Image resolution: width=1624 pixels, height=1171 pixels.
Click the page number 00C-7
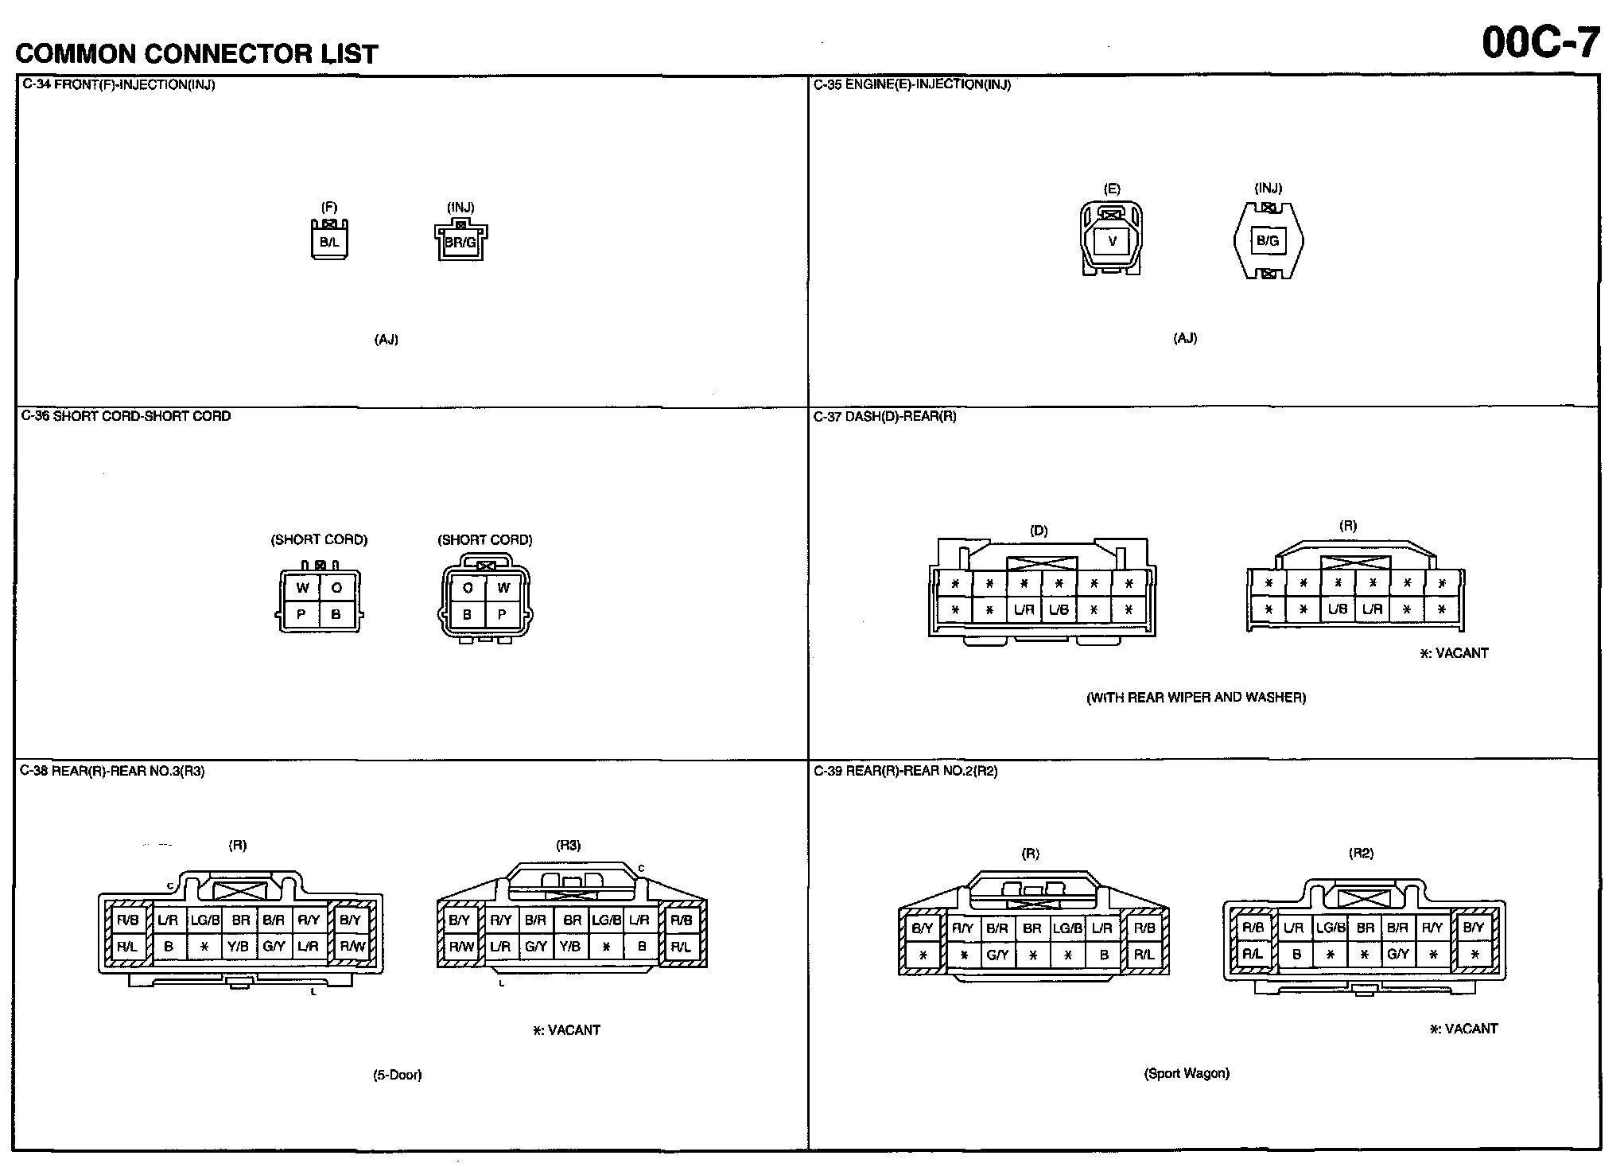click(1540, 42)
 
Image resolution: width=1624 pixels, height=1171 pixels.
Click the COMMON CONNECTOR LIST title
click(196, 53)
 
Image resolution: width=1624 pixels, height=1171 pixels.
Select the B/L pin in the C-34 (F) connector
click(329, 242)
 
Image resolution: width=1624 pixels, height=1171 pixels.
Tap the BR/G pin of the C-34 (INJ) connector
click(460, 242)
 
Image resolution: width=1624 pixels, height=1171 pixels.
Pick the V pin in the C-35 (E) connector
click(1112, 241)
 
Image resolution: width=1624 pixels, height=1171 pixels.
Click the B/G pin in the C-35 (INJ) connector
click(1268, 240)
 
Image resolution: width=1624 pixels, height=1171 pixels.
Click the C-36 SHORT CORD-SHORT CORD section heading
click(126, 416)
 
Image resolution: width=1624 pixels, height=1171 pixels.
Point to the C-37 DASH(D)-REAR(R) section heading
click(884, 416)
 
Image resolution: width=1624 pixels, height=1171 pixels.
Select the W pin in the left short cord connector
click(302, 589)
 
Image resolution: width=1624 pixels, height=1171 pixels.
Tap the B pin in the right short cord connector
click(468, 614)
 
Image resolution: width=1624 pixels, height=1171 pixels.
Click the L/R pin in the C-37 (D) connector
click(1024, 610)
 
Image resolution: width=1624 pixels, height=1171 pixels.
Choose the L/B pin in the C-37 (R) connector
click(1338, 609)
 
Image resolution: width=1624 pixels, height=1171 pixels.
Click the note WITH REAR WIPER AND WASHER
click(1196, 698)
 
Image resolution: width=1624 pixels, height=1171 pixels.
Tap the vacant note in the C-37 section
click(1454, 653)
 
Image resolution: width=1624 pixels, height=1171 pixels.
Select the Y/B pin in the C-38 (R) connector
click(239, 947)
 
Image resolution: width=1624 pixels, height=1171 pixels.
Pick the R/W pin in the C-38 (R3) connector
click(461, 947)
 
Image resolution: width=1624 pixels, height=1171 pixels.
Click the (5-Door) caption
click(398, 1075)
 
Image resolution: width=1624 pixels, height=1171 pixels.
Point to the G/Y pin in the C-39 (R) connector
click(997, 955)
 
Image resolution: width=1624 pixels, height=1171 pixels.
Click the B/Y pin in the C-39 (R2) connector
click(1473, 928)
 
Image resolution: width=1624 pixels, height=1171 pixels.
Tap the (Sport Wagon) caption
click(1187, 1073)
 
